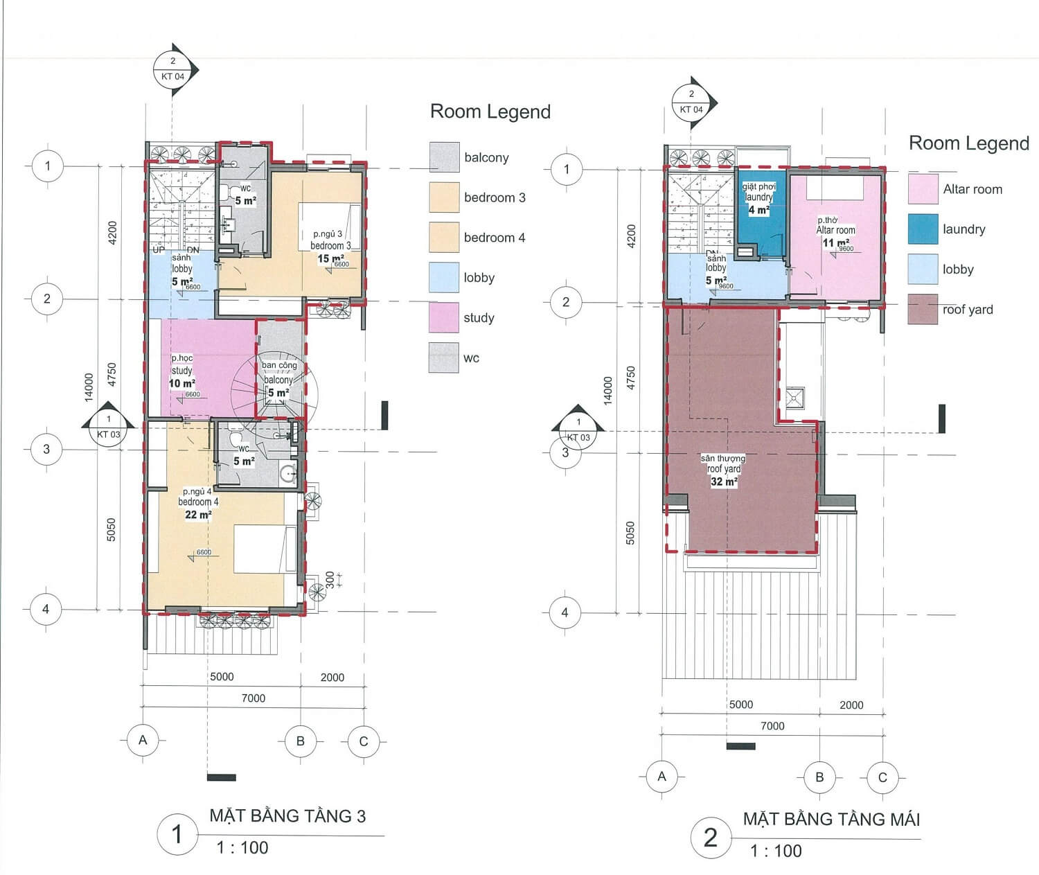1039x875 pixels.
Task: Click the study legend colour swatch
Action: (443, 317)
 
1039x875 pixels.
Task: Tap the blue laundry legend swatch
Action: (923, 229)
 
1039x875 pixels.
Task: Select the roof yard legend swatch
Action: (923, 310)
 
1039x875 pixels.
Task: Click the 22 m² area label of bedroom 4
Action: (198, 515)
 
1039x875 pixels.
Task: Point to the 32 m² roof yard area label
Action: (723, 481)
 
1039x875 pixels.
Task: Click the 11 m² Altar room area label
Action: (835, 243)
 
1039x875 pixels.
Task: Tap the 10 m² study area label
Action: (181, 383)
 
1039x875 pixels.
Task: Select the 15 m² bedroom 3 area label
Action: (330, 258)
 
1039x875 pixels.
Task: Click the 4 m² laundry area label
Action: (758, 209)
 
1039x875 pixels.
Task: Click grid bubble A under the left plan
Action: (143, 740)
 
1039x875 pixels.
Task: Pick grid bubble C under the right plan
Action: (882, 777)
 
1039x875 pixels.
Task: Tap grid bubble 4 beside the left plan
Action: (46, 609)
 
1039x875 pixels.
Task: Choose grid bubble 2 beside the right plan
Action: (566, 301)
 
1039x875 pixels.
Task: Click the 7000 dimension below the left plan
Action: (254, 698)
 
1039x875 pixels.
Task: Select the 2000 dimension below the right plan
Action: (851, 705)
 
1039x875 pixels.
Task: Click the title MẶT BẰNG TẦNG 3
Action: (287, 815)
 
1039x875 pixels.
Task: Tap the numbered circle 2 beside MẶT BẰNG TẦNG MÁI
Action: (711, 838)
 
